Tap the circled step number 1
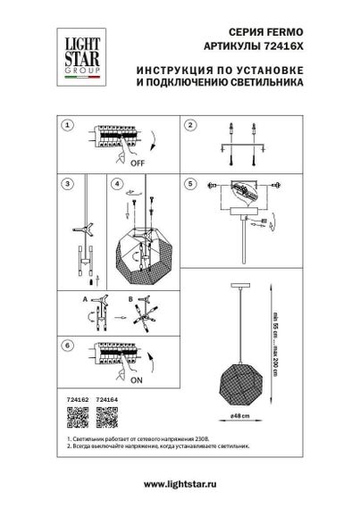tap(65, 125)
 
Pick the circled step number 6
tap(65, 344)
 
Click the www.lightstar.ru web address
tap(179, 483)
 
